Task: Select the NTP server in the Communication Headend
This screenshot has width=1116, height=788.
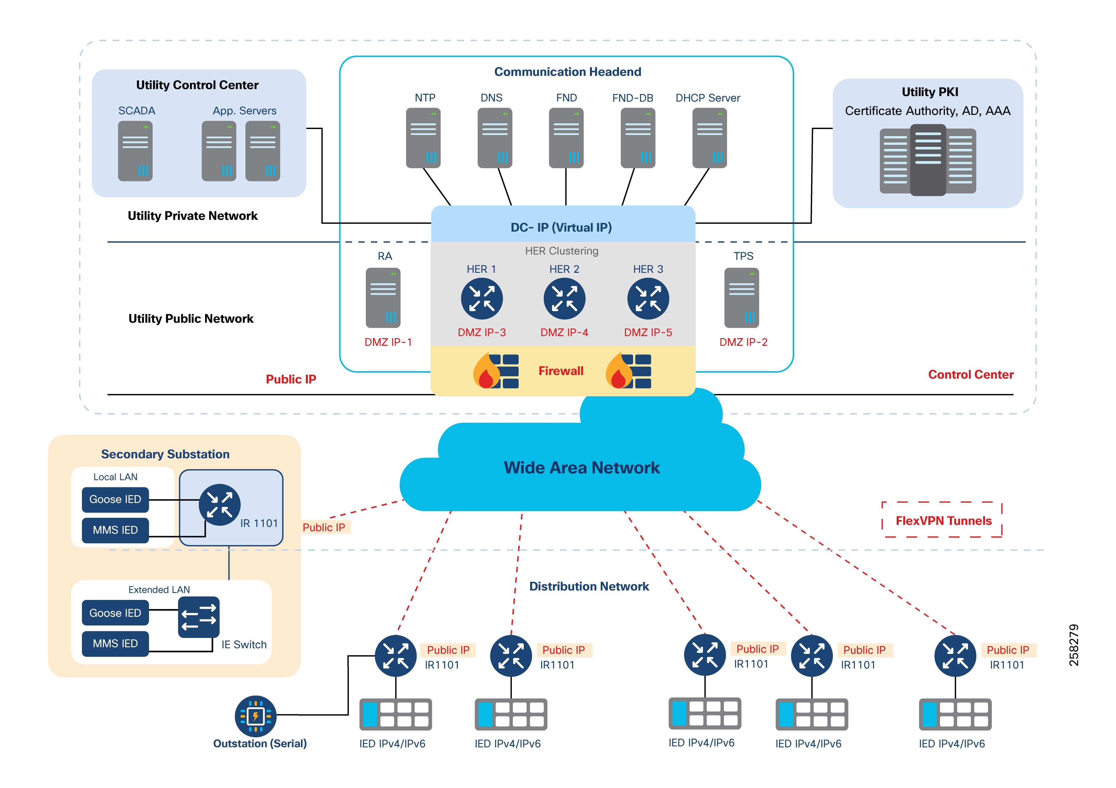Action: [x=423, y=138]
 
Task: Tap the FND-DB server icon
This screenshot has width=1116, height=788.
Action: [x=638, y=138]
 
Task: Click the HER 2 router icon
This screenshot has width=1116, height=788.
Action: [x=564, y=298]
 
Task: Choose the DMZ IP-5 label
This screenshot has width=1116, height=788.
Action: [x=648, y=332]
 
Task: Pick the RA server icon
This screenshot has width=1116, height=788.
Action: [x=383, y=298]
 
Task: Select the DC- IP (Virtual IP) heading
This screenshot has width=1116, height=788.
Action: [x=561, y=227]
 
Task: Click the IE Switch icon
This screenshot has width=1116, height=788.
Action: [x=199, y=617]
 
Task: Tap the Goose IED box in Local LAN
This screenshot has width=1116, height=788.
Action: [x=115, y=500]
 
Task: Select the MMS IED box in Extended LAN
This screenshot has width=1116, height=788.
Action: [x=115, y=643]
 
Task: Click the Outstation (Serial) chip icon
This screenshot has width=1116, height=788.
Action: [x=256, y=716]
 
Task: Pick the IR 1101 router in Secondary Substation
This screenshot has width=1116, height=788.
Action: [x=220, y=505]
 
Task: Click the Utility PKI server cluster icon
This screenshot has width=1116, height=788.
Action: [x=927, y=160]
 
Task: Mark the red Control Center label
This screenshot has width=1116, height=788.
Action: [x=971, y=375]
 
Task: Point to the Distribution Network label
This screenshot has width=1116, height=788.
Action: [x=588, y=586]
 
